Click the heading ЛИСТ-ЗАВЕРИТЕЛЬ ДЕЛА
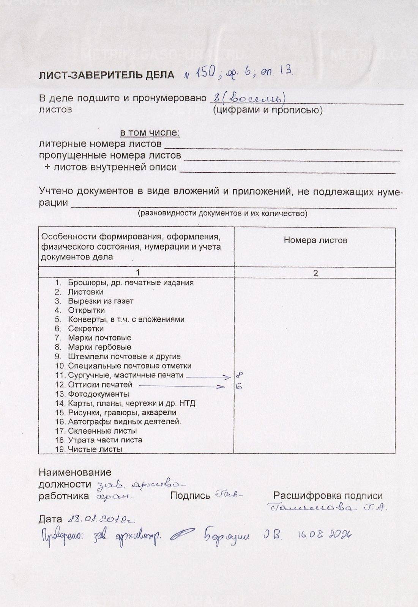tap(106, 75)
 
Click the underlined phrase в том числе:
tap(150, 133)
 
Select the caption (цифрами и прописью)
tap(268, 110)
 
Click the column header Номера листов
tap(315, 240)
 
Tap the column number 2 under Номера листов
tap(315, 273)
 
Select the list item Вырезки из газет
tap(101, 301)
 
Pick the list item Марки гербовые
tap(99, 347)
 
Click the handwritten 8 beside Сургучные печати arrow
tap(239, 375)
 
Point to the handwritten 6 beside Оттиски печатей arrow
tap(239, 387)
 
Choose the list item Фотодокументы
tap(98, 394)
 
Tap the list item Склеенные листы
tap(102, 431)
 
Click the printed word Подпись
tap(190, 495)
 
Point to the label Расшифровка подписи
tap(328, 495)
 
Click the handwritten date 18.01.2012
tap(101, 519)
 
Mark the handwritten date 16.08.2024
tap(323, 535)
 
